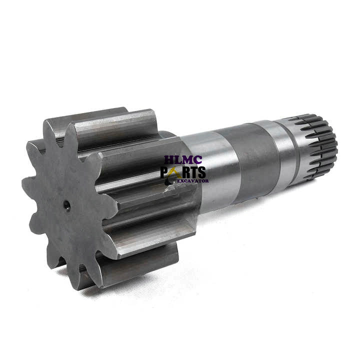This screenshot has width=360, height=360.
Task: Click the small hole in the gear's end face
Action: point(67,203)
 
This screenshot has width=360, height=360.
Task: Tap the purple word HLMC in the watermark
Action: point(183,160)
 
